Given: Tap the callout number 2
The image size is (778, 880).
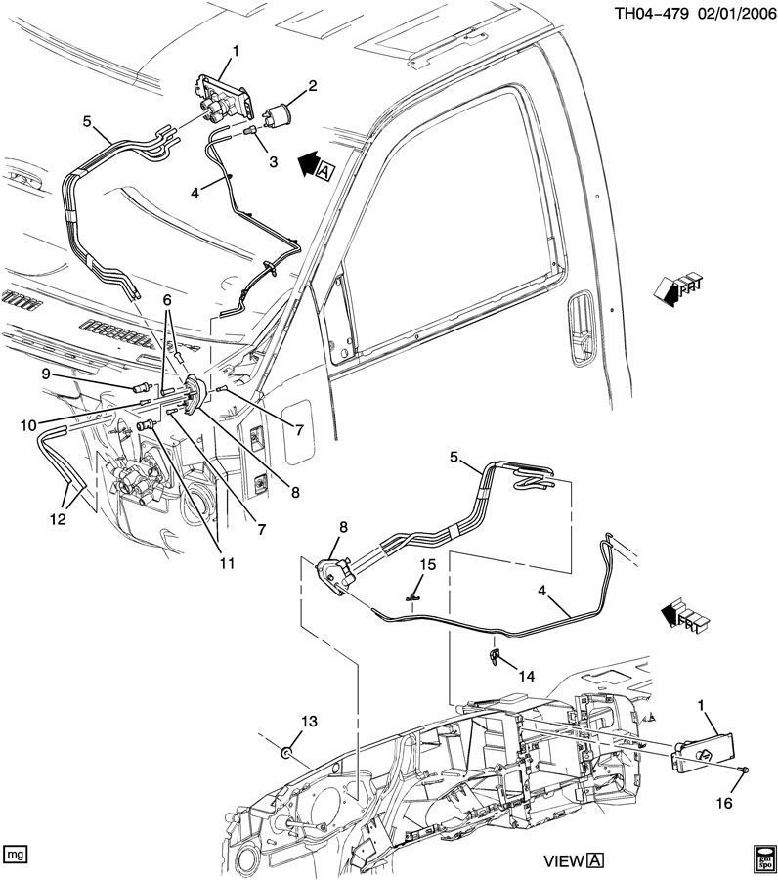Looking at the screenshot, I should (313, 87).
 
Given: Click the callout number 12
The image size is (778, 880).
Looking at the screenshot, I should (59, 520).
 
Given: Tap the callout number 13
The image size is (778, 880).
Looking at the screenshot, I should (309, 721).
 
